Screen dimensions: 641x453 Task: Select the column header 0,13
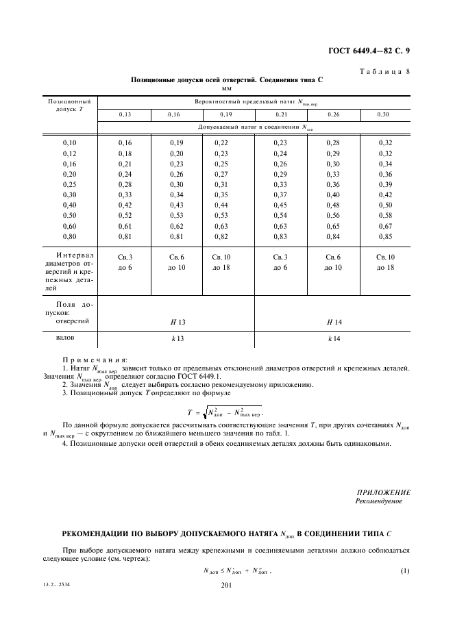click(124, 115)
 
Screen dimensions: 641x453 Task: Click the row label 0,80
click(70, 237)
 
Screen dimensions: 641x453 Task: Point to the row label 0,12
click(70, 154)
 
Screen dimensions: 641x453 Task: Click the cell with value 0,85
click(384, 237)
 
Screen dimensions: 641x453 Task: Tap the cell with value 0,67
click(384, 225)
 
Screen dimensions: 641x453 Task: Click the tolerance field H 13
click(177, 321)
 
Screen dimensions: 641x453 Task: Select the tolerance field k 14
click(334, 339)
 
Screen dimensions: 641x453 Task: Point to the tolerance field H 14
click(334, 321)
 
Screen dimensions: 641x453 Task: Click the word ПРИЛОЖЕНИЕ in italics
click(384, 492)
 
